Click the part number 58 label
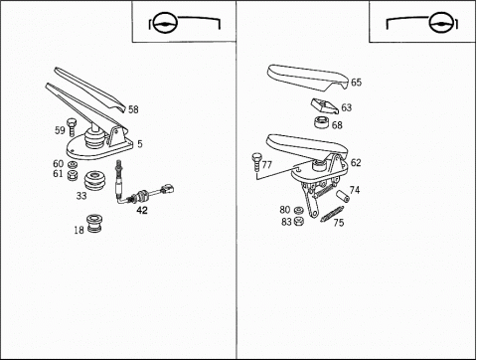(133, 109)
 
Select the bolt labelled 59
(72, 127)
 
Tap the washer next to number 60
(73, 164)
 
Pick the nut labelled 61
(73, 175)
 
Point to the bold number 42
(142, 210)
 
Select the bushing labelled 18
(95, 224)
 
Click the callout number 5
(140, 144)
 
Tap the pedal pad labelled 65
(307, 78)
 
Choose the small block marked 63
(325, 105)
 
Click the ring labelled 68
(322, 122)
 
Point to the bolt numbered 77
(256, 162)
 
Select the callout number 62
(356, 163)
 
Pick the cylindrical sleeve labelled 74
(343, 196)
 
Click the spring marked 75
(332, 214)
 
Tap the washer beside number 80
(299, 210)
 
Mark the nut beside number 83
(299, 221)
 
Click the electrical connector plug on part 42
(167, 190)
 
